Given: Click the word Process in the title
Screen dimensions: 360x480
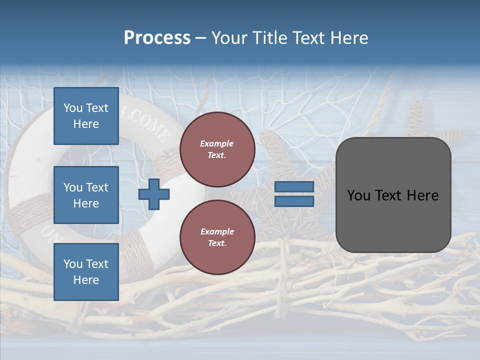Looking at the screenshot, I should [157, 38].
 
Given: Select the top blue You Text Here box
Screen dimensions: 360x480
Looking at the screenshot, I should [86, 116].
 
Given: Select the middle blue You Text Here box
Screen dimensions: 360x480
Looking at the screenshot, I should [86, 195].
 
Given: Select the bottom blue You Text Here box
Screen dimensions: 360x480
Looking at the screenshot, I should [86, 271].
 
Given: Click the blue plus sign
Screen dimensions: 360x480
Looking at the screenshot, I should [154, 194].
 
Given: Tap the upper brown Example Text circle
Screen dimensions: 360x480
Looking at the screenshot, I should [217, 149].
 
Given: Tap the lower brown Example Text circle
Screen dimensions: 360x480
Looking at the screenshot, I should [217, 237].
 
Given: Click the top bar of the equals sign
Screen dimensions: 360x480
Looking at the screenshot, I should [294, 187].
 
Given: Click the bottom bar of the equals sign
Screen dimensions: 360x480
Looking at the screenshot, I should [294, 201].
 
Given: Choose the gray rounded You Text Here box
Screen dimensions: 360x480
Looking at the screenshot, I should [393, 195].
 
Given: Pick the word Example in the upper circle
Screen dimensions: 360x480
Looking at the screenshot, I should [217, 143].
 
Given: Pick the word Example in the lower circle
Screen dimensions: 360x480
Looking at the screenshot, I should [217, 231].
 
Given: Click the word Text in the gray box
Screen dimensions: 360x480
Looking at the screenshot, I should [393, 195].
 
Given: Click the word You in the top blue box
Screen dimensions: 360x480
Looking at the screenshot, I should [73, 108].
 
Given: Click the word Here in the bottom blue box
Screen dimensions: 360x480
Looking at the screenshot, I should [86, 280].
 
